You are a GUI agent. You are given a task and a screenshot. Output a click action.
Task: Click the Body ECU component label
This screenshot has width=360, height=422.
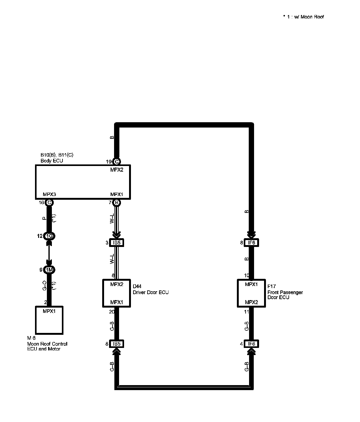pyautogui.click(x=52, y=161)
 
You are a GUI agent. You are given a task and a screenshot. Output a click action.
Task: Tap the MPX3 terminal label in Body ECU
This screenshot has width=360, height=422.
pyautogui.click(x=49, y=194)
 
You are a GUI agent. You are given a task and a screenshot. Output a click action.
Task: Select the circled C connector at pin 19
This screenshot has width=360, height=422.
pyautogui.click(x=116, y=162)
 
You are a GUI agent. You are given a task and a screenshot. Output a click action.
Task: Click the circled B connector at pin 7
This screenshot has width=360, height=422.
pyautogui.click(x=116, y=203)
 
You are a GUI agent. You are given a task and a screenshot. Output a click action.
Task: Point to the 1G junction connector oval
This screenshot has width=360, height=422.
pyautogui.click(x=49, y=236)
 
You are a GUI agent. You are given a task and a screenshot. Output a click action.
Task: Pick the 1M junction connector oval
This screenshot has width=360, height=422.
pyautogui.click(x=49, y=270)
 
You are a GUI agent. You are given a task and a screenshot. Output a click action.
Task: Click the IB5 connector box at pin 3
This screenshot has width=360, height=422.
pyautogui.click(x=117, y=243)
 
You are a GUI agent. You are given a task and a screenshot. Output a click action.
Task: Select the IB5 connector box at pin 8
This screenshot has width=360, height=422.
pyautogui.click(x=117, y=344)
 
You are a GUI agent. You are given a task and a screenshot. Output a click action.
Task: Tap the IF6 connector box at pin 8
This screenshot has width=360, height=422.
pyautogui.click(x=251, y=243)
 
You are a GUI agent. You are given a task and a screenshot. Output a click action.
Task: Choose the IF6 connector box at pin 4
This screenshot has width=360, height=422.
pyautogui.click(x=251, y=344)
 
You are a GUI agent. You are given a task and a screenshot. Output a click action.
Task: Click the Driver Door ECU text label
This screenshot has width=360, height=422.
pyautogui.click(x=151, y=293)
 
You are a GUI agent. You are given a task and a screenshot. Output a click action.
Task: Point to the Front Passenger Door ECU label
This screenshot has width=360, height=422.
pyautogui.click(x=285, y=295)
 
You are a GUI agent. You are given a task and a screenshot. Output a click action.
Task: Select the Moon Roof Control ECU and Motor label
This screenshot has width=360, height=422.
pyautogui.click(x=47, y=346)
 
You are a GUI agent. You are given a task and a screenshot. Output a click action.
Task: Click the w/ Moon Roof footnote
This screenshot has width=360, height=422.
pyautogui.click(x=303, y=17)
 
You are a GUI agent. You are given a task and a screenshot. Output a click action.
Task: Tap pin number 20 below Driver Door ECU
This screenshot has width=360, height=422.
pyautogui.click(x=112, y=312)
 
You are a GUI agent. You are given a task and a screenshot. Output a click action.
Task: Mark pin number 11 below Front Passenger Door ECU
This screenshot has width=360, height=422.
pyautogui.click(x=247, y=312)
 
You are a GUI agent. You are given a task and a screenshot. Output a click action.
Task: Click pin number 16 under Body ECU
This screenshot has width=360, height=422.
pyautogui.click(x=41, y=203)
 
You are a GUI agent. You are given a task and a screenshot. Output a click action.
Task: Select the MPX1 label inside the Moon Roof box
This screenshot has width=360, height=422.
pyautogui.click(x=49, y=311)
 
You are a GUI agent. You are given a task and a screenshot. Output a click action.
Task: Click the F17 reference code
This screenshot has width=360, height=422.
pyautogui.click(x=272, y=286)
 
